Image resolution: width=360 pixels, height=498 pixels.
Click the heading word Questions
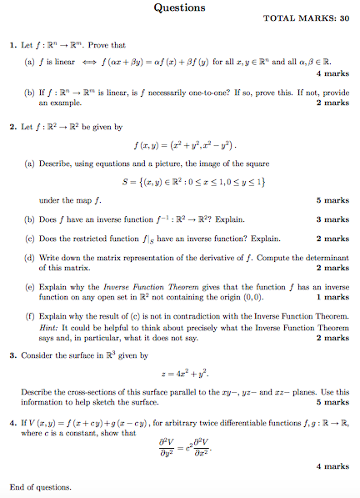click(179, 8)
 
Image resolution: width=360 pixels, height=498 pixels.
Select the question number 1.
click(12, 45)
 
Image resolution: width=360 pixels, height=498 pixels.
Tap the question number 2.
click(12, 128)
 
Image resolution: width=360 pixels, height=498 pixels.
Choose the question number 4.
click(12, 423)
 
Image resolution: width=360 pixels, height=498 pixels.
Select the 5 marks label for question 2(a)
click(332, 200)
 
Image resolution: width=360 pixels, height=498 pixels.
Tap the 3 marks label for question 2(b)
click(332, 219)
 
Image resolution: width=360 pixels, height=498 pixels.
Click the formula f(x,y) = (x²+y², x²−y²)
click(179, 146)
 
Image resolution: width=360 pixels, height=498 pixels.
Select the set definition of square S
click(179, 182)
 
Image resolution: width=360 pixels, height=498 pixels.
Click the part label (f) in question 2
click(30, 318)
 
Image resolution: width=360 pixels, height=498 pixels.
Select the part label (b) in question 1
click(30, 93)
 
